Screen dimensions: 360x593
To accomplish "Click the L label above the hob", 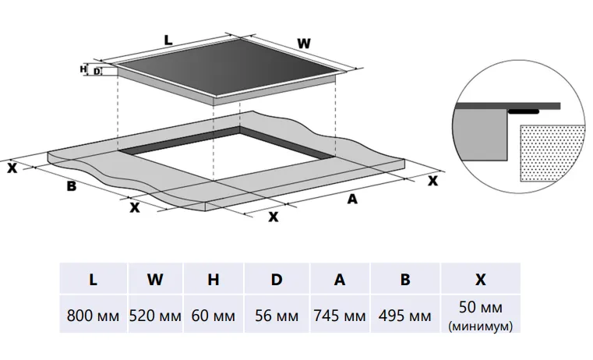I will (x=168, y=39).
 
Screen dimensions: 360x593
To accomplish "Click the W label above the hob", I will (x=303, y=44).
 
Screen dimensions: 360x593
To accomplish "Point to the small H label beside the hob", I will (x=83, y=69).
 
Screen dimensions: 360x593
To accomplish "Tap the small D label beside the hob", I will (x=97, y=72).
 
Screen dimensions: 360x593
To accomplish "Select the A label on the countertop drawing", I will (x=351, y=199).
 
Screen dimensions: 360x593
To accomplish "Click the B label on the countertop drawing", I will (x=71, y=186).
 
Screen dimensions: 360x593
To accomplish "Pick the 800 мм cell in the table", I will (x=93, y=316).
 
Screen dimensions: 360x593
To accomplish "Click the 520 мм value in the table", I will (x=155, y=316).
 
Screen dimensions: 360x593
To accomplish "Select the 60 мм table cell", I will (x=214, y=316).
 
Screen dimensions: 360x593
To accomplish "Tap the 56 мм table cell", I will (x=277, y=316).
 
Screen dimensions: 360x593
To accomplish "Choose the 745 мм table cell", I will (x=340, y=316).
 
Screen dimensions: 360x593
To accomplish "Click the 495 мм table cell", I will (x=404, y=316).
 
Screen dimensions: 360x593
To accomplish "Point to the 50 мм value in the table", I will (x=481, y=309).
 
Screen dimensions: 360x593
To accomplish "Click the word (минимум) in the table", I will (x=481, y=326).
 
